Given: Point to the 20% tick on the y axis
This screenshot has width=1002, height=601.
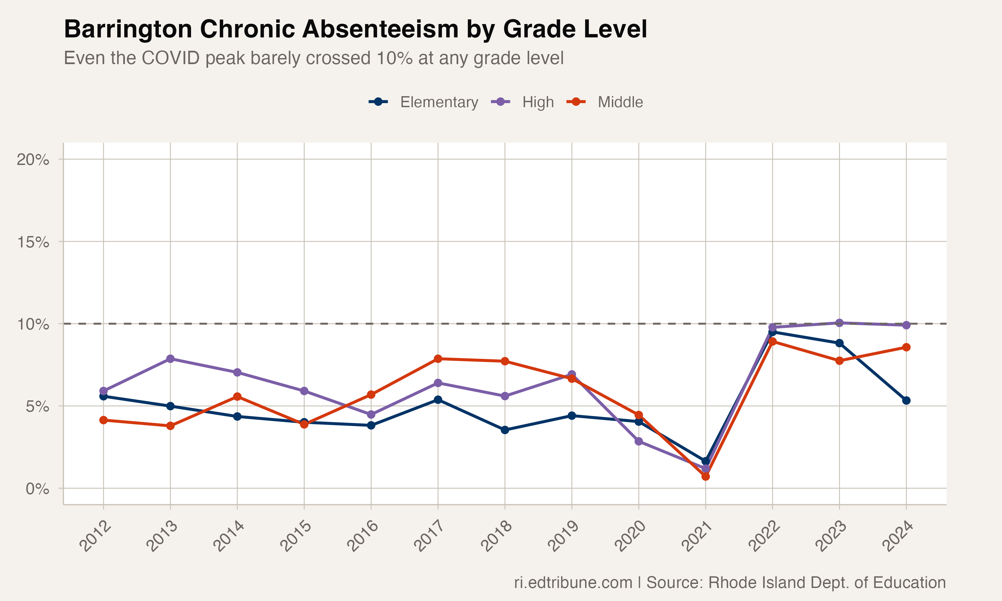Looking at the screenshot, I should tap(32, 160).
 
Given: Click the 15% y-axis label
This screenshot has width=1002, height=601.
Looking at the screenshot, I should tap(32, 242).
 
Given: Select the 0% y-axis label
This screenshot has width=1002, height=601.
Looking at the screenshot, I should tap(37, 489).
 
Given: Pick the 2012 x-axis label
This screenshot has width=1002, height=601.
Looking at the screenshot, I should tap(96, 537).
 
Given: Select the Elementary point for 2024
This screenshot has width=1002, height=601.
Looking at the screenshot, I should tap(906, 401).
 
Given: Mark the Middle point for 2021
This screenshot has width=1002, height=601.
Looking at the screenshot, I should tap(705, 477).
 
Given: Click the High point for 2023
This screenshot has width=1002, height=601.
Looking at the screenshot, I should tap(839, 323).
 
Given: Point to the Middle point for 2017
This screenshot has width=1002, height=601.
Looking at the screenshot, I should tap(438, 359).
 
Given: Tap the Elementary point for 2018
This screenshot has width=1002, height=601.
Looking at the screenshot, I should tap(505, 430).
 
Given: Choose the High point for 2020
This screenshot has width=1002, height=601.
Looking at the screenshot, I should tap(639, 441).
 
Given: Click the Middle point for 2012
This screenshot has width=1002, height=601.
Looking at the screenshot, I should tap(103, 420).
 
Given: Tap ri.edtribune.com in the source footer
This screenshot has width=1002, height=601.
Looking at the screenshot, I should tap(573, 583).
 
